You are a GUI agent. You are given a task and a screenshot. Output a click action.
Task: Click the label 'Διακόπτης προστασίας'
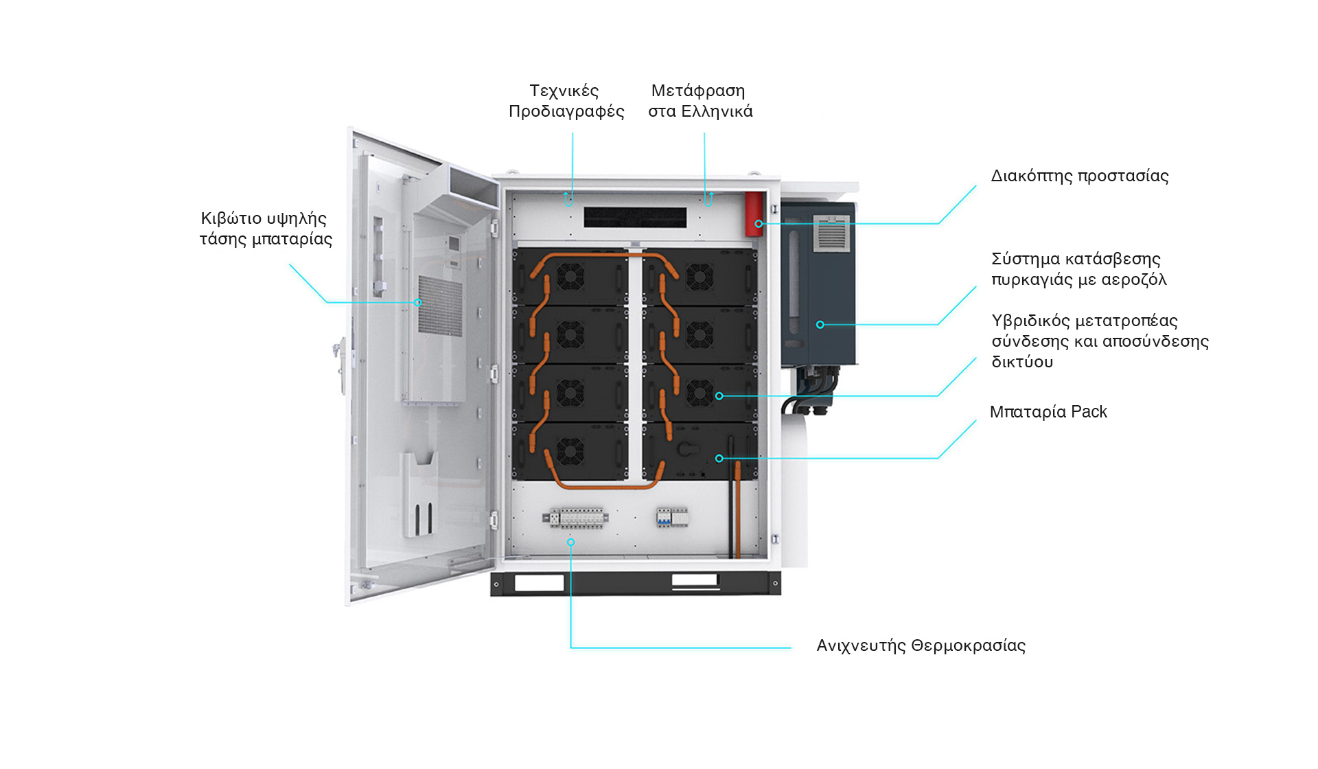1079,176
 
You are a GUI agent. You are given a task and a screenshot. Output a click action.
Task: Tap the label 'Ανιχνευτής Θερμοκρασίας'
921,646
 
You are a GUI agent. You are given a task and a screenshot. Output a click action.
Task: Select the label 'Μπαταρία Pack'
1048,412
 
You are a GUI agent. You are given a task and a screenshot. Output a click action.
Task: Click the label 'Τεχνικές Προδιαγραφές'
566,101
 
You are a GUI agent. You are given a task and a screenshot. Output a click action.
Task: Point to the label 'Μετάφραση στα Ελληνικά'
700,101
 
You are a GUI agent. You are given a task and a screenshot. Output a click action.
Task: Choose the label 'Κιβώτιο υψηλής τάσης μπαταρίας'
266,229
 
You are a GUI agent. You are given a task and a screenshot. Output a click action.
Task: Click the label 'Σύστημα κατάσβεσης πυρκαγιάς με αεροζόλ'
1078,269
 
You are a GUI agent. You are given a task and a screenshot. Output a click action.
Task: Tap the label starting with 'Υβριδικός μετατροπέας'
1099,341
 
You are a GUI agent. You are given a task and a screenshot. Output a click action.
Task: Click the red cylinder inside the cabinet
754,214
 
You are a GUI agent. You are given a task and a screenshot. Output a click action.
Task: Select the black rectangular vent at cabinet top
635,218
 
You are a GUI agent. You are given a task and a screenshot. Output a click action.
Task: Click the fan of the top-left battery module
570,277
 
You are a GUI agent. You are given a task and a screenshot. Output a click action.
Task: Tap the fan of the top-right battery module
700,277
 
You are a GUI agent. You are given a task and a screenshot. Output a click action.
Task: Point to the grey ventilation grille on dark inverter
832,234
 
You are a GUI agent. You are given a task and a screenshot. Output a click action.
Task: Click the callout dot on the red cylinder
759,224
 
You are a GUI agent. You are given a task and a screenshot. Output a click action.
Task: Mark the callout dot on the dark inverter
820,325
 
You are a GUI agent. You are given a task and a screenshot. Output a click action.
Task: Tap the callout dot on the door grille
417,303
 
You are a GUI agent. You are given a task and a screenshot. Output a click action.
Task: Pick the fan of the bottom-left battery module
570,451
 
